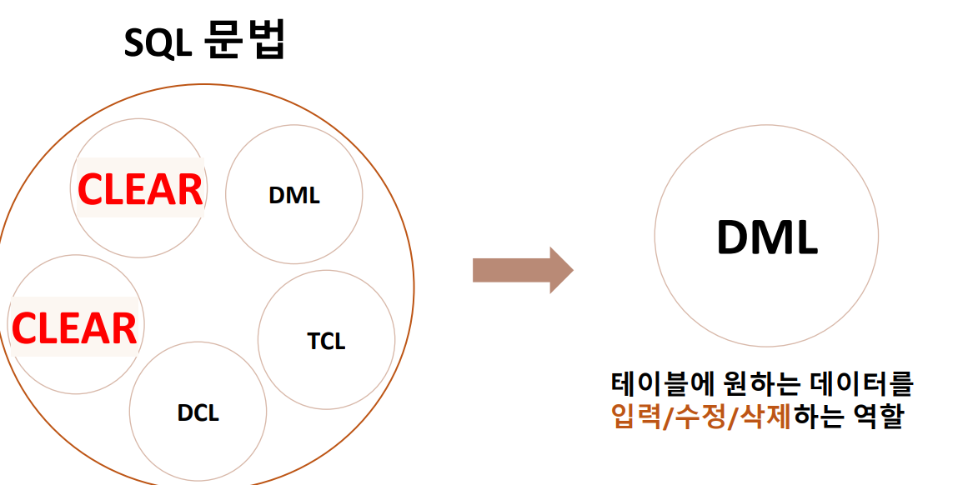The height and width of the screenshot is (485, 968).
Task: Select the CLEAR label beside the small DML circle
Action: point(139,189)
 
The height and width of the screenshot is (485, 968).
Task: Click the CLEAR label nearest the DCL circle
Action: point(73,327)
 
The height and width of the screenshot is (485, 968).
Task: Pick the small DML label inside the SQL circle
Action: point(294,196)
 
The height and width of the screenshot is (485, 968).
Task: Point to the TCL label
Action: point(326,341)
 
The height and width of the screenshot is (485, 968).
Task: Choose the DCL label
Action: point(198,412)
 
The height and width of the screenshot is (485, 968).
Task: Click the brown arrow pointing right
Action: point(523,271)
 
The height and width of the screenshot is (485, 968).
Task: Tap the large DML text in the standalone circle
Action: point(766,237)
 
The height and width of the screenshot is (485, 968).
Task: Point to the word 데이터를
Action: point(862,384)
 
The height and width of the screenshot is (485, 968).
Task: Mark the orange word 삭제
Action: point(766,415)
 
